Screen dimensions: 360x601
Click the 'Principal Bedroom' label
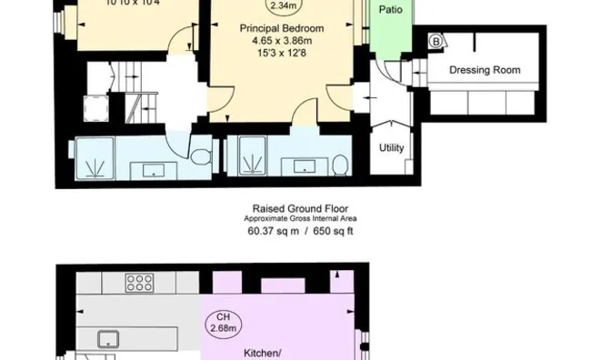click(281, 28)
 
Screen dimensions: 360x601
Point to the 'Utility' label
click(392, 148)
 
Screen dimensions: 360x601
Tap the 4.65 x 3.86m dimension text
click(282, 40)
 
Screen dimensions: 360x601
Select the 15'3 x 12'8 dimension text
click(282, 52)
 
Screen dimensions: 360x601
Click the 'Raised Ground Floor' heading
click(299, 208)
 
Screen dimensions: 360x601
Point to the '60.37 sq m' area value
click(271, 231)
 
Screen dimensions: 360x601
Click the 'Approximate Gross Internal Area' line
click(299, 219)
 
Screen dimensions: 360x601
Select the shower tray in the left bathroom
click(95, 160)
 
